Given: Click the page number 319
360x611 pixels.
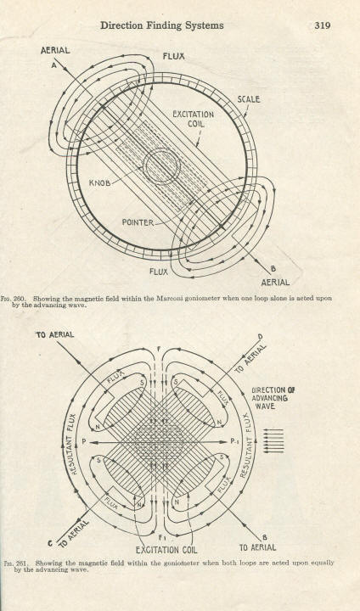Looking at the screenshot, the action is coord(323,25).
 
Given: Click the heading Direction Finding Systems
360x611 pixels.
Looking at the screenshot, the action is coord(162,25).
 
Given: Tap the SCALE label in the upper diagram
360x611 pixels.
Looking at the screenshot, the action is coord(249,99).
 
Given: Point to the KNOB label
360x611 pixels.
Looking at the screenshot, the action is coord(100,182).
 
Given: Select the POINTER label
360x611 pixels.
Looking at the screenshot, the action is coord(138,222).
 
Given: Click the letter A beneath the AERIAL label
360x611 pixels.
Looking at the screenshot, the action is coord(53,65).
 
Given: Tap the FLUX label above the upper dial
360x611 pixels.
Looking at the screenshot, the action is coord(173,57).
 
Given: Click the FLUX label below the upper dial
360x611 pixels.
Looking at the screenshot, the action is coord(159,272).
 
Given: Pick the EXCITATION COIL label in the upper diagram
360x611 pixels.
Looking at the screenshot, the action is coord(193,120).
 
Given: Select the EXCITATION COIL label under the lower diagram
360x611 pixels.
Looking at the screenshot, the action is coord(166,550).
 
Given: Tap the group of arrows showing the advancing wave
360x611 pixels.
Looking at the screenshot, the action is coord(273,440).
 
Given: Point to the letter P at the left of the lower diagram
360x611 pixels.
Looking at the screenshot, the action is coord(84,442).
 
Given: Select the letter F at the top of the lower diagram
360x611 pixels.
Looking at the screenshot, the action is coord(159,349).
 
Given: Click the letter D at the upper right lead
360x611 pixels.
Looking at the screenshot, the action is coord(260,337).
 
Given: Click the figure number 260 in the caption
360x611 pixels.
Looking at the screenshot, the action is coord(20,299).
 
